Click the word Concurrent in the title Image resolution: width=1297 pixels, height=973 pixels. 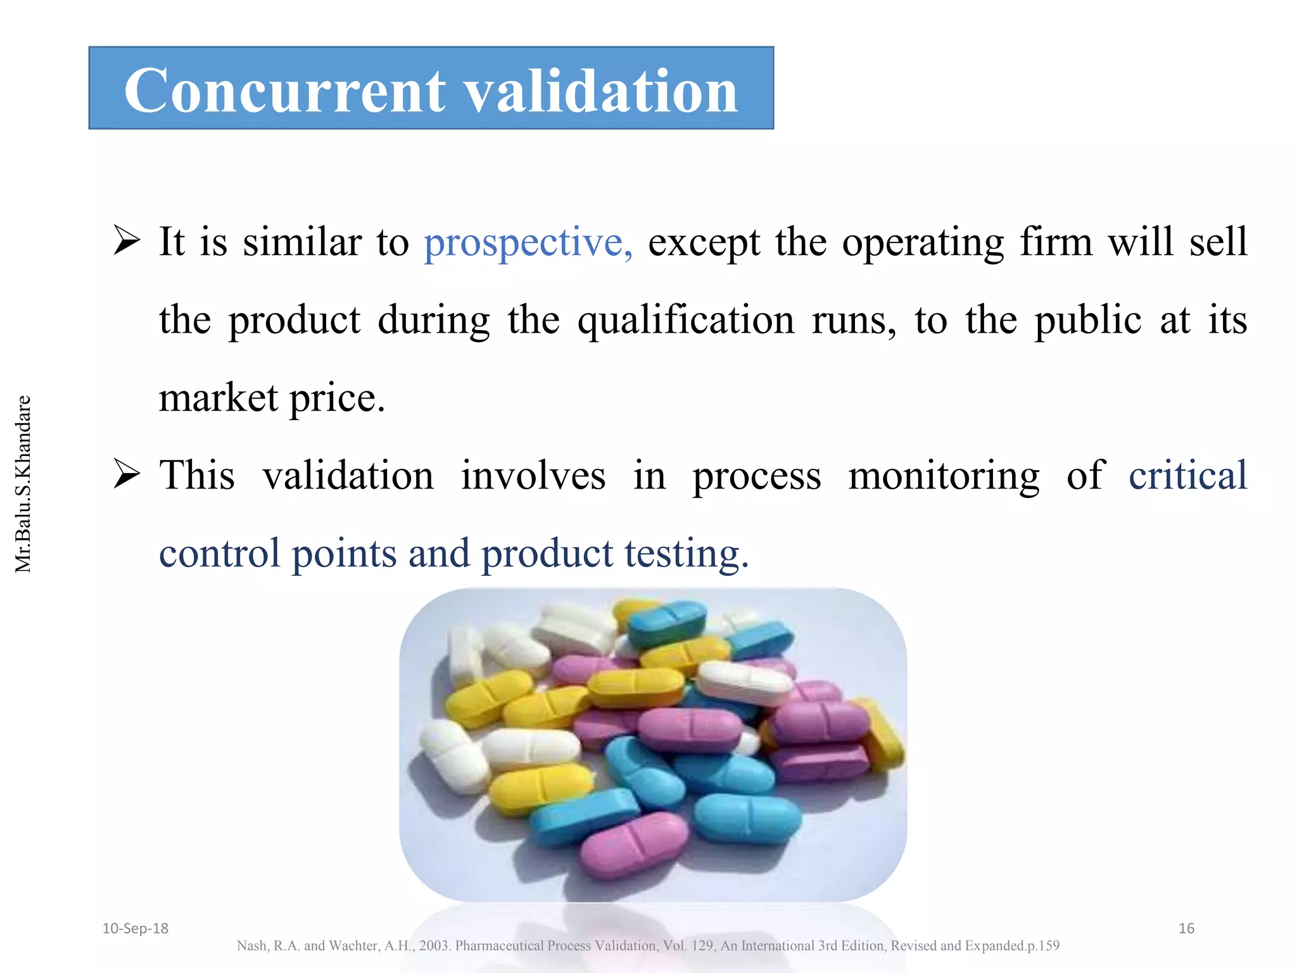tap(285, 90)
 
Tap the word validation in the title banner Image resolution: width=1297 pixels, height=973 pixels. tap(602, 90)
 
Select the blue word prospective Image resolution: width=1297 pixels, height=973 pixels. tap(527, 243)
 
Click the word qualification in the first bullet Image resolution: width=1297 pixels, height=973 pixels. tap(685, 321)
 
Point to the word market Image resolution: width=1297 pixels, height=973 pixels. tap(218, 398)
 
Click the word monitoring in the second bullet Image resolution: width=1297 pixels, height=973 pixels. tap(944, 476)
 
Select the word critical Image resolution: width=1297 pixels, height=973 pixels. tap(1187, 475)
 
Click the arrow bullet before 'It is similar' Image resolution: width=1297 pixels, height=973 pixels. tap(127, 242)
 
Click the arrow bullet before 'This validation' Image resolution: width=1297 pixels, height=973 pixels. tap(127, 476)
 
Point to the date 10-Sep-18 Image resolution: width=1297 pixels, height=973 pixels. tap(136, 929)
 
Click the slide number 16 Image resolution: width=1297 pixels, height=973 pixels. tap(1186, 929)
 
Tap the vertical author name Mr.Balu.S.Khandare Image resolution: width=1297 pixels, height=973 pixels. tap(23, 484)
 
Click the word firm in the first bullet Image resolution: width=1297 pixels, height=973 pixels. tap(1056, 243)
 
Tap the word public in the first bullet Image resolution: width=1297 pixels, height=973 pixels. tap(1088, 321)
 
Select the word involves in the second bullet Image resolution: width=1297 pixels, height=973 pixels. tap(533, 476)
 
